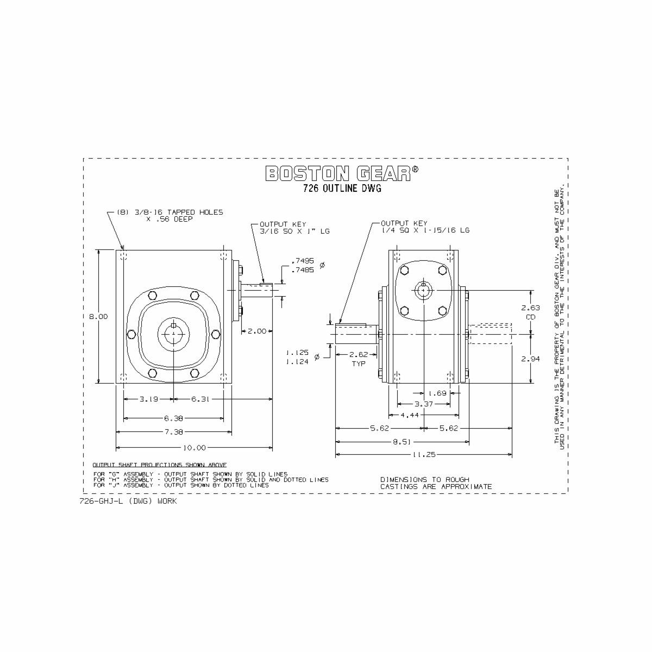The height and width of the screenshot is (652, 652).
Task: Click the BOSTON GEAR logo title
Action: (x=342, y=173)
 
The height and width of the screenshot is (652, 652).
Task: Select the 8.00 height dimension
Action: (x=98, y=317)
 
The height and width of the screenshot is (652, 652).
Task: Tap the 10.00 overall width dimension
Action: (x=194, y=448)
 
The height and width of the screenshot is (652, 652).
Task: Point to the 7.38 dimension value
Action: (x=173, y=432)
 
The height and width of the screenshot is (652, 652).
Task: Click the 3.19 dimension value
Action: (x=149, y=399)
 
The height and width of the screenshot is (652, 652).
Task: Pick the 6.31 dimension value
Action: (x=200, y=399)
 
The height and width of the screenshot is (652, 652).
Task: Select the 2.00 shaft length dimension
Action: (x=257, y=331)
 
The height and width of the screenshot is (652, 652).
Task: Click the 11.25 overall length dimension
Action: (x=424, y=455)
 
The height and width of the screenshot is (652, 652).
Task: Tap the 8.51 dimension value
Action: (x=402, y=442)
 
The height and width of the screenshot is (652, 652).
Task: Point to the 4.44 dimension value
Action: (x=410, y=415)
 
